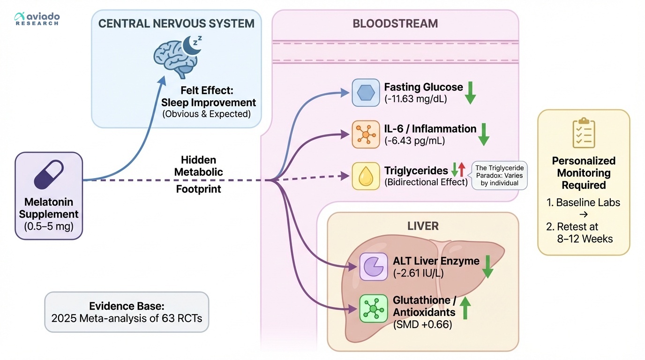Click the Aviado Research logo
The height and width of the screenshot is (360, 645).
click(37, 19)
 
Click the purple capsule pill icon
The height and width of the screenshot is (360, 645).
click(49, 175)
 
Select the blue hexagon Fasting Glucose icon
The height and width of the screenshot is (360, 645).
click(365, 92)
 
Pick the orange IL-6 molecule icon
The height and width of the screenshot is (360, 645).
click(365, 135)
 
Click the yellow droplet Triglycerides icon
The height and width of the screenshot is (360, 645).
click(365, 176)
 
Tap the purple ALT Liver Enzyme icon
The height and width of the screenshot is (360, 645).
click(373, 267)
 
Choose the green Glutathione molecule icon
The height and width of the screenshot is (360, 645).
click(373, 308)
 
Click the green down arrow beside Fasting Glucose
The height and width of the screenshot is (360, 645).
click(470, 92)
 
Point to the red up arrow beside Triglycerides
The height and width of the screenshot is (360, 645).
click(462, 169)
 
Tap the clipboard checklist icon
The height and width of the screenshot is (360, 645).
click(584, 133)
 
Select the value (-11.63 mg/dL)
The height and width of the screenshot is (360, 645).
click(415, 99)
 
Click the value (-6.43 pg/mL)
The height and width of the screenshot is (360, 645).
click(415, 141)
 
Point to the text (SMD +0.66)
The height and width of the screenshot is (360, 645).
click(422, 324)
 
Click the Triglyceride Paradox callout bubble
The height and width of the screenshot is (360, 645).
click(500, 175)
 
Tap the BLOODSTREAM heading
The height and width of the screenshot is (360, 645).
click(395, 23)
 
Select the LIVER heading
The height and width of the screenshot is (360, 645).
click(423, 226)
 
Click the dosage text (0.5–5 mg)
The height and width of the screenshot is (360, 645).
click(49, 227)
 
